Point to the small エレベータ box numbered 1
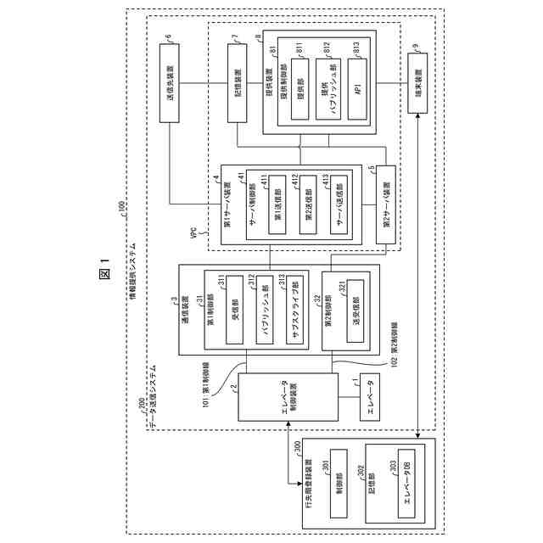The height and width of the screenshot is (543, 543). (x=370, y=396)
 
